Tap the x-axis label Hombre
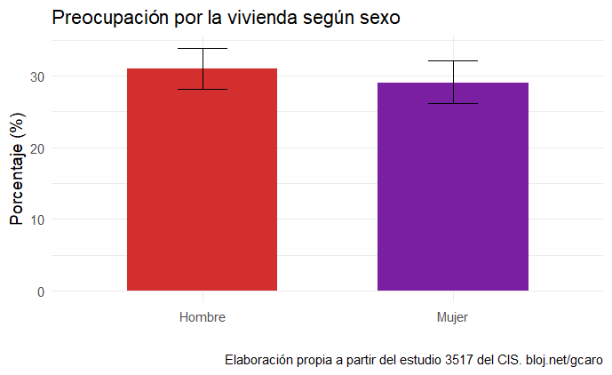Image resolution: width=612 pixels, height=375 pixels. point(202,317)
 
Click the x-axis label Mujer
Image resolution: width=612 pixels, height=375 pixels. point(453,317)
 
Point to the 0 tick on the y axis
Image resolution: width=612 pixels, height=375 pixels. point(42,291)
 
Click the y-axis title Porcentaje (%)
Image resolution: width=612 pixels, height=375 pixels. point(16,166)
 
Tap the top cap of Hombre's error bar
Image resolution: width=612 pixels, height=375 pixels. point(202,48)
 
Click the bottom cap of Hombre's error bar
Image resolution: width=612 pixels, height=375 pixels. point(202,89)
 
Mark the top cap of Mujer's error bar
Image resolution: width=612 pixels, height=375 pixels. point(453,60)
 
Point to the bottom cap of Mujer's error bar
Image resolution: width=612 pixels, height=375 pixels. point(453,103)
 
